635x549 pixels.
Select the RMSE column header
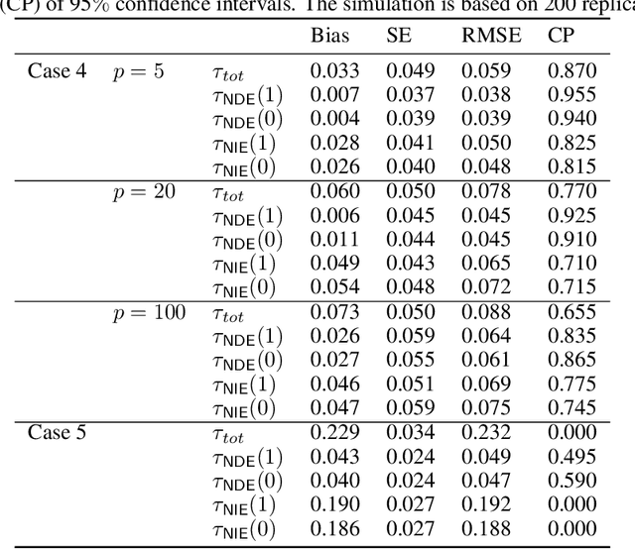tap(486, 38)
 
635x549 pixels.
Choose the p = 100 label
tap(148, 312)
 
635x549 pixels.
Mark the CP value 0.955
tap(572, 94)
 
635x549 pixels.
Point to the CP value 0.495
tap(572, 457)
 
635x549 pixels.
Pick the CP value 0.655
tap(572, 312)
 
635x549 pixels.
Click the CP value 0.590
tap(572, 481)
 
